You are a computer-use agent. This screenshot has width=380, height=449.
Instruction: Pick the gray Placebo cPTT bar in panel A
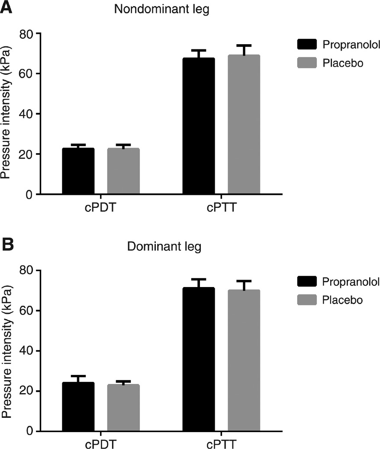coord(244,126)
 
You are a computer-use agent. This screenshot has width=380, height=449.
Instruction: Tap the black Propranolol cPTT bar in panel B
coord(198,359)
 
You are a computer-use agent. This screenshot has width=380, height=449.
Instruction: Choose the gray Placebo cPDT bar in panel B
coord(123,408)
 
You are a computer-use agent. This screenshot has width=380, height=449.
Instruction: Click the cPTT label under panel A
coord(221,207)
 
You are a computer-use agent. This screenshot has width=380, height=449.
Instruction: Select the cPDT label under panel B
coord(100,444)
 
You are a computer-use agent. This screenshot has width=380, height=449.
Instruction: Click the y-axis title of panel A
coord(6,113)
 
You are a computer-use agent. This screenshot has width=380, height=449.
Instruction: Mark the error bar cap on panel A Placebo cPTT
coord(244,45)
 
